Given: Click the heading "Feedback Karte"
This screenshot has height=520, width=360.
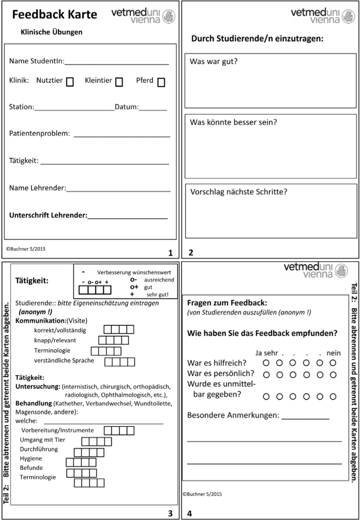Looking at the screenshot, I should pos(55,15).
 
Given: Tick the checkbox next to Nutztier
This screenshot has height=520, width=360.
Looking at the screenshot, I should pos(70,82).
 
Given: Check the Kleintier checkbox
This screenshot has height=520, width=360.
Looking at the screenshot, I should pos(119,82).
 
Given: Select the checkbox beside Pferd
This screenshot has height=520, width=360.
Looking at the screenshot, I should pos(161,82).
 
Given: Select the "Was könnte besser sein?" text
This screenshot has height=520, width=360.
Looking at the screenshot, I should pos(233,122).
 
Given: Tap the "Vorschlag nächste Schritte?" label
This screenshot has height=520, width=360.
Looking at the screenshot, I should pos(239,192).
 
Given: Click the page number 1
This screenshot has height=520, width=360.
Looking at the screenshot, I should pos(170,253).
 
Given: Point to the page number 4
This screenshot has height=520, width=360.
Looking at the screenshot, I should pos(190,513).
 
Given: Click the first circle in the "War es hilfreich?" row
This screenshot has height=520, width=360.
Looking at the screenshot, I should pos(266,363).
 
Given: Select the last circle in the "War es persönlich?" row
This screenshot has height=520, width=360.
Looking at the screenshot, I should pos(333,374).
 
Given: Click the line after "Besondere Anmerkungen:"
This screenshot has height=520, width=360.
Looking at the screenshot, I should pos(305,418).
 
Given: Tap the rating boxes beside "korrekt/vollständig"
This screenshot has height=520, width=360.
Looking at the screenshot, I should pos(119,329).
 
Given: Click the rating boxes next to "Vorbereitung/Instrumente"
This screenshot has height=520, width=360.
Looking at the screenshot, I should pos(119,430).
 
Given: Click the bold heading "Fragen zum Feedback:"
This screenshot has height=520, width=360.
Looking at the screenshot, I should pos(227,303).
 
